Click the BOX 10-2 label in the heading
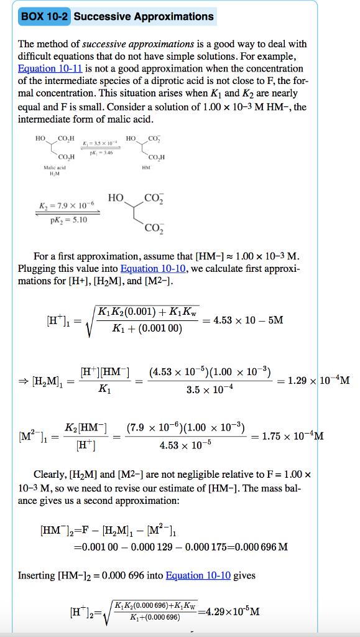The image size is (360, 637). click(44, 17)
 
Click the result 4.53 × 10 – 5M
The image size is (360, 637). click(248, 320)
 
